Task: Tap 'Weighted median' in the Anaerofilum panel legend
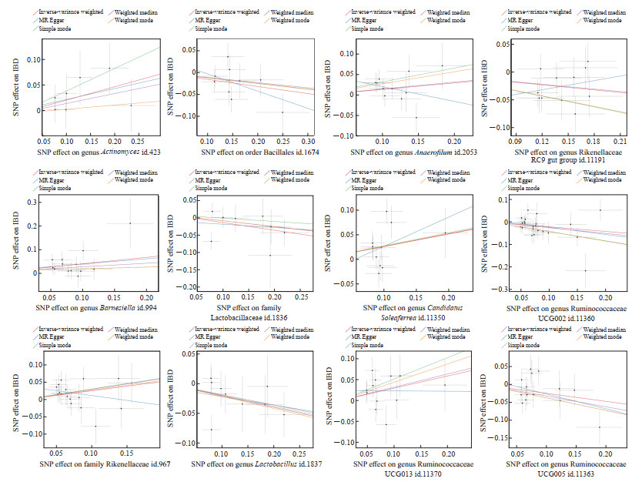[442, 12]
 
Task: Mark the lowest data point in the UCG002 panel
[585, 270]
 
